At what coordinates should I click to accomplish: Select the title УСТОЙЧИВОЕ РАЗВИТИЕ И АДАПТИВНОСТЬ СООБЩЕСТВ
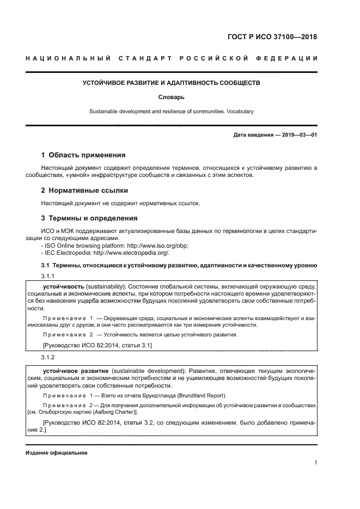coord(171,83)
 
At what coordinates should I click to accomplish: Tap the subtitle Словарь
coord(171,97)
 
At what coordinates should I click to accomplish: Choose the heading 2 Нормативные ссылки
coord(85,191)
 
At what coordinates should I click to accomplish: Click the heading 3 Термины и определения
coord(89,218)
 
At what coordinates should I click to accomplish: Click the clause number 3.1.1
coord(50,276)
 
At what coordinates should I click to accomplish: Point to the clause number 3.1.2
coord(50,357)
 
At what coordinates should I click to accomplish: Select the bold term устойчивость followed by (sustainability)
coord(63,286)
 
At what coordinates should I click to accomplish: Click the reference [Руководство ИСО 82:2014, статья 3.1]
coord(97,345)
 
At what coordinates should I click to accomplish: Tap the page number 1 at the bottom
coord(316,463)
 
